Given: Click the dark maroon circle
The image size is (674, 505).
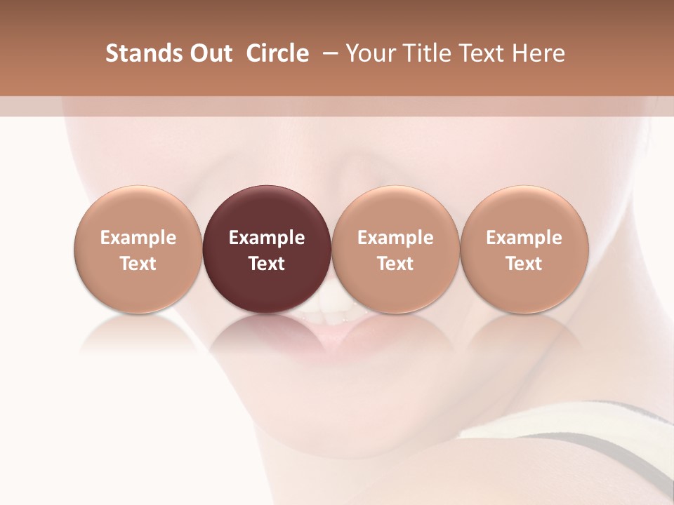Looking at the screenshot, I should coord(267,210).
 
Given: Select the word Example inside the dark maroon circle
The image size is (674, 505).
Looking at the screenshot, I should coord(267,238).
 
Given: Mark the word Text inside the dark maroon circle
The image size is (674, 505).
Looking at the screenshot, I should coord(267,264).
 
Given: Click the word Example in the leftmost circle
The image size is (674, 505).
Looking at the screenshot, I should coord(138,238).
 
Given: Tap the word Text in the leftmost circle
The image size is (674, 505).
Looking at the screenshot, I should coord(138,264).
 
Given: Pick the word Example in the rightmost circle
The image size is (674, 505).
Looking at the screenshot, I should coord(524,238).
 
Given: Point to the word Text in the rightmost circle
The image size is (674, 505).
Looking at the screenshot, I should coord(524,264).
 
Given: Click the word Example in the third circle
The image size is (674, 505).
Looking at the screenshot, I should coord(395,238).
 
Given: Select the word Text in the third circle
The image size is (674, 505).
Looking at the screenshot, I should coord(395,264).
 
